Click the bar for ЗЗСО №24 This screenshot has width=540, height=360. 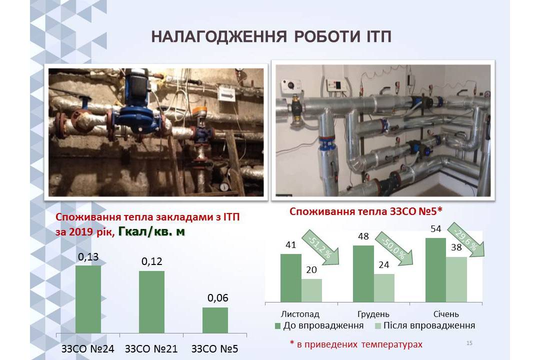click(x=88, y=299)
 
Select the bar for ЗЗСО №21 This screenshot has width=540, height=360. click(x=151, y=302)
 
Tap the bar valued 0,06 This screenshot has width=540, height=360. click(x=215, y=320)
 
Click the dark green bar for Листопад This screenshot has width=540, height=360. click(x=290, y=278)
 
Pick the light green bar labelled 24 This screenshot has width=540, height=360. click(x=384, y=288)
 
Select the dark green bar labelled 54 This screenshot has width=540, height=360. click(x=435, y=270)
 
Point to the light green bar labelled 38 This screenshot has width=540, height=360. click(x=456, y=279)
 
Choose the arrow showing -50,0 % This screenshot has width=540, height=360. click(x=394, y=248)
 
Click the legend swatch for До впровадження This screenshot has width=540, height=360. click(x=278, y=326)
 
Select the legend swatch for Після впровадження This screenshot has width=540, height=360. click(x=378, y=326)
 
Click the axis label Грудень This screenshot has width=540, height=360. click(x=373, y=314)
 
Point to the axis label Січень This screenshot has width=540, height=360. click(x=446, y=314)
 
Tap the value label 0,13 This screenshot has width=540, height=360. click(x=88, y=257)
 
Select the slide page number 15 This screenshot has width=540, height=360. click(x=469, y=343)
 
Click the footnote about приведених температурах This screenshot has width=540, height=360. click(x=356, y=344)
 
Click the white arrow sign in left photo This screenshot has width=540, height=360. click(x=226, y=93)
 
